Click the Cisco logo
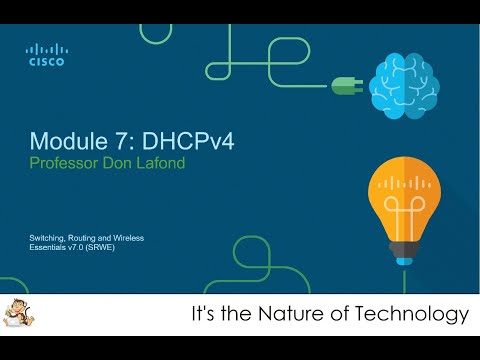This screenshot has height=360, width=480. pyautogui.click(x=46, y=54)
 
